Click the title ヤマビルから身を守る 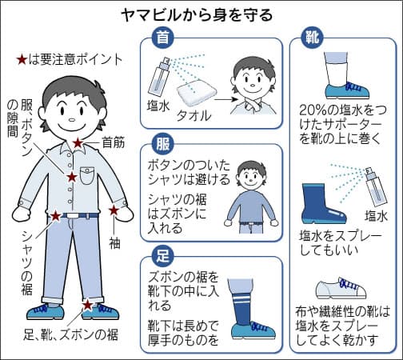tap(201, 14)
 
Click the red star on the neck tap(78, 142)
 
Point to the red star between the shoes tap(87, 305)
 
